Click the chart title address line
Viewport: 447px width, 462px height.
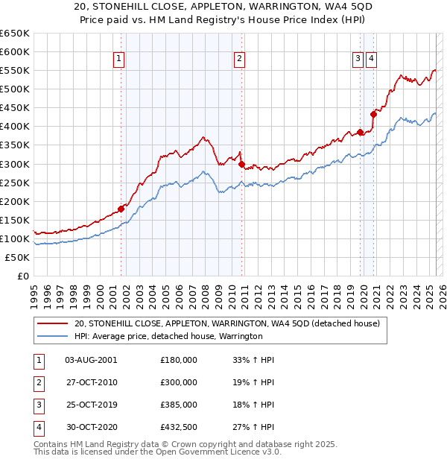click(x=223, y=7)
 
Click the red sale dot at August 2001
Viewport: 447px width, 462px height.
click(x=121, y=209)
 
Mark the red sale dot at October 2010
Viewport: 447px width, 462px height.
click(x=241, y=164)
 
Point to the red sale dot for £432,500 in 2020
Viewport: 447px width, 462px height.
click(x=373, y=114)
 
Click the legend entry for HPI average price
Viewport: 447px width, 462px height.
click(x=168, y=336)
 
